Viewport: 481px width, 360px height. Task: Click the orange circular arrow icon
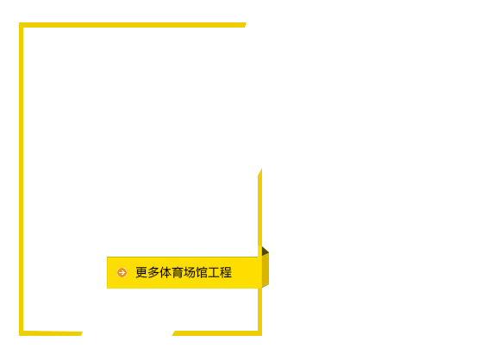(122, 272)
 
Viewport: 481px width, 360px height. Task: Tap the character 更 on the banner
(141, 272)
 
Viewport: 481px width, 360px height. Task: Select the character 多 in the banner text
(153, 272)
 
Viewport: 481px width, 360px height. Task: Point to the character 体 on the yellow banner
(166, 272)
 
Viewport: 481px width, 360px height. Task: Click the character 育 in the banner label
(178, 272)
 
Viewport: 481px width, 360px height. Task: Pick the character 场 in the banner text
(190, 272)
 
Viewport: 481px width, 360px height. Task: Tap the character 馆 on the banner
(202, 272)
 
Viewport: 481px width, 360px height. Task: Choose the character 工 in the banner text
(214, 272)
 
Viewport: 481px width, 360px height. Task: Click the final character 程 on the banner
(226, 272)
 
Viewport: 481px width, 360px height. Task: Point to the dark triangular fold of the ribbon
(264, 251)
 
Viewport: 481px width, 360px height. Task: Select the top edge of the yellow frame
(133, 25)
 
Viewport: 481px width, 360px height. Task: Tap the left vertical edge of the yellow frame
(22, 179)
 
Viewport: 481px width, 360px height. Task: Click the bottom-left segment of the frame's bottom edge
(51, 333)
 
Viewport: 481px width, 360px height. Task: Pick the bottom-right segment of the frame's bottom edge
(217, 333)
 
